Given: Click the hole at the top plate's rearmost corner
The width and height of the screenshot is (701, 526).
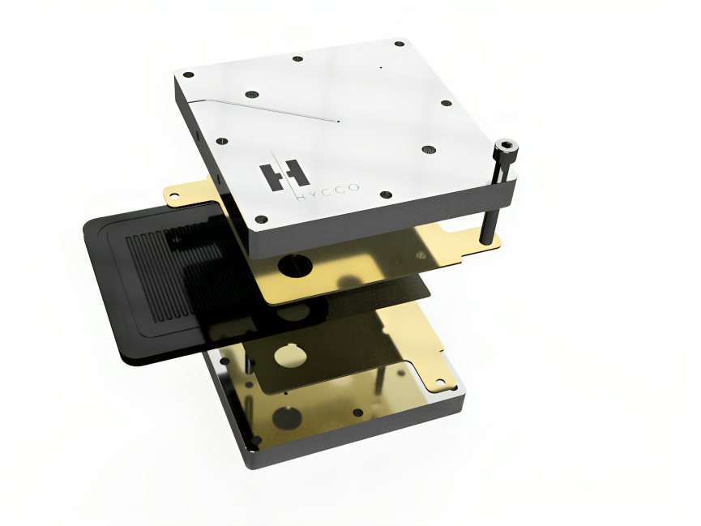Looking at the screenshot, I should pyautogui.click(x=399, y=42).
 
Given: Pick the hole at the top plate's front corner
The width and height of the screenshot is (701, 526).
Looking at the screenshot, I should pyautogui.click(x=260, y=218).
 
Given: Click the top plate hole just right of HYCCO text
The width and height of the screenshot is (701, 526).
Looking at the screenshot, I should pyautogui.click(x=386, y=195).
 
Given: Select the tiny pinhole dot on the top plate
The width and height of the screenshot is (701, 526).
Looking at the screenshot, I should pyautogui.click(x=380, y=68).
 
